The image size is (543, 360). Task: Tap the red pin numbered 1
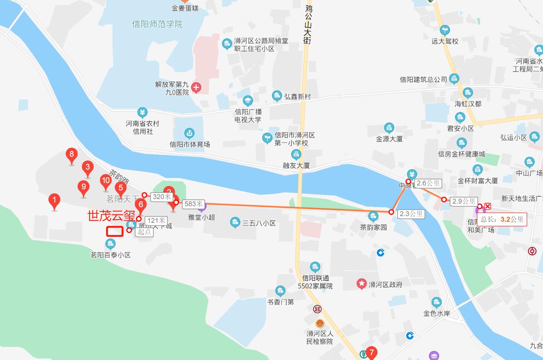54,200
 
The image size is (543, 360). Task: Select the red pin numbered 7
371,353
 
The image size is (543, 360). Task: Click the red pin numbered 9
83,187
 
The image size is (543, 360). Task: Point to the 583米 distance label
193,204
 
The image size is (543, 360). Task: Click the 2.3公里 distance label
411,214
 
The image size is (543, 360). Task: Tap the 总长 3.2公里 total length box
502,219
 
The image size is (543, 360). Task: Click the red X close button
487,206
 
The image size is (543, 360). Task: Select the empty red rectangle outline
115,231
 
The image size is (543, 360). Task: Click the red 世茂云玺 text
111,216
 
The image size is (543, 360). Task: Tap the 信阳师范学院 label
157,24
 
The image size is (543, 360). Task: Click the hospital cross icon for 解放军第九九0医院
196,88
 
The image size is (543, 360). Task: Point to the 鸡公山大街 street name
308,24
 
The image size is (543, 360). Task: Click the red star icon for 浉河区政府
362,284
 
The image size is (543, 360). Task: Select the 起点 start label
144,232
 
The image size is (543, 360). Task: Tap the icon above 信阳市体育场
189,133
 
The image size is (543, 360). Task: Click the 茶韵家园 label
373,227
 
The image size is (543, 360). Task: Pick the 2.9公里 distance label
464,201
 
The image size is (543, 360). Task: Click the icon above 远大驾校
445,30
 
